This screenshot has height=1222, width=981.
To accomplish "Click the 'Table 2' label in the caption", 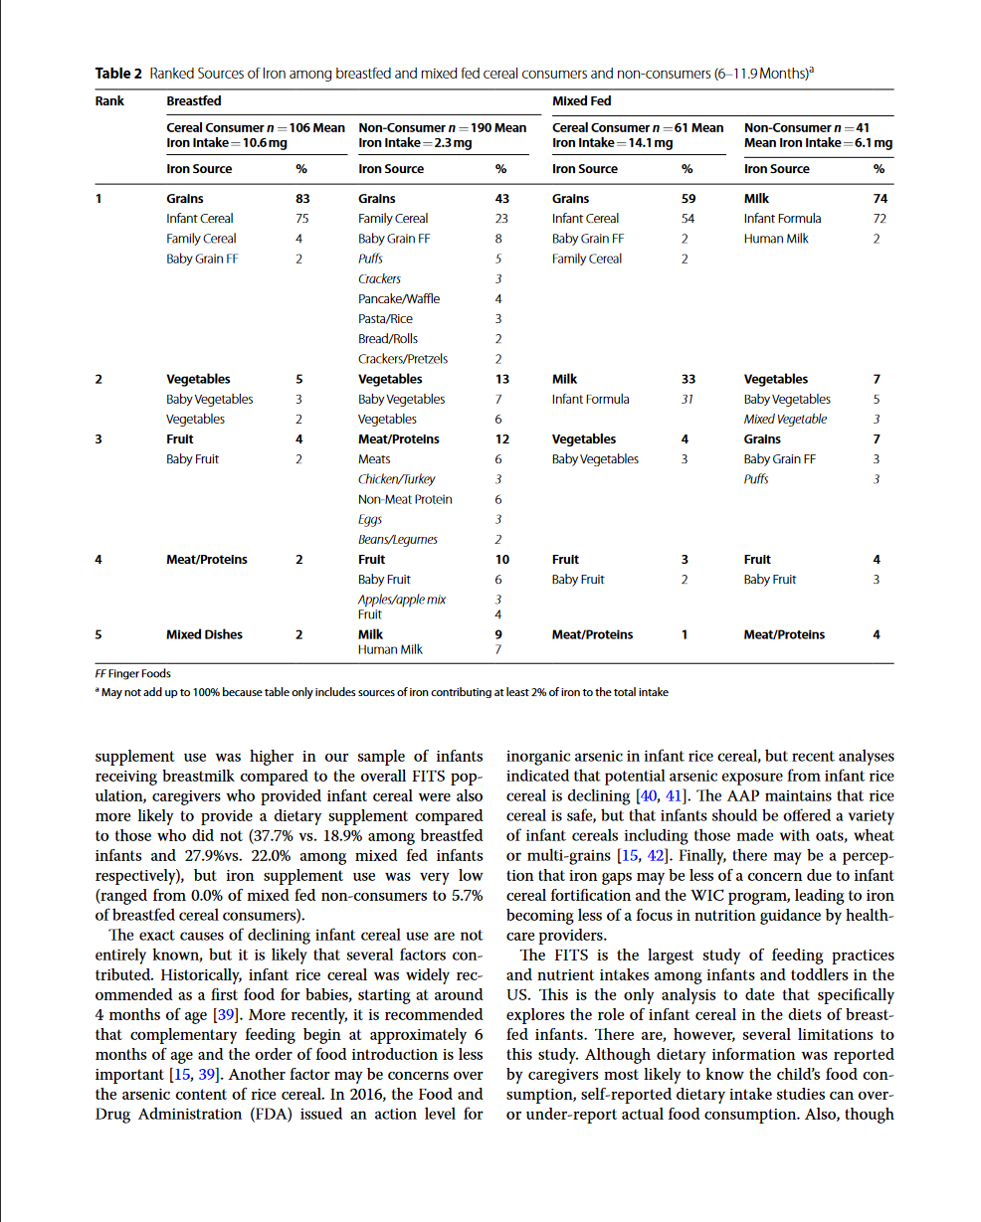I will click(118, 74).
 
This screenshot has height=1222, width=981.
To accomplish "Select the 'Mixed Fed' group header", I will click(581, 101).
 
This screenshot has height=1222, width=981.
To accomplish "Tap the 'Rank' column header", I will click(109, 101).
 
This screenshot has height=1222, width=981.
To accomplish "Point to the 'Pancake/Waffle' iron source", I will click(398, 299).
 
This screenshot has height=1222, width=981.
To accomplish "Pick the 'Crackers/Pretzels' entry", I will click(402, 359).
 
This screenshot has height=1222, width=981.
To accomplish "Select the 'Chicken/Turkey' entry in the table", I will click(396, 479).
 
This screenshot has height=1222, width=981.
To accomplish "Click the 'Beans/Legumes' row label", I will click(397, 540).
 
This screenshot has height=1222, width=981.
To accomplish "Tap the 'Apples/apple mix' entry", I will click(401, 600).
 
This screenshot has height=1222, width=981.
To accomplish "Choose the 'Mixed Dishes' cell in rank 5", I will click(205, 634).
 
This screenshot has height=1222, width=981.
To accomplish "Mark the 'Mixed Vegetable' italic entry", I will click(785, 420).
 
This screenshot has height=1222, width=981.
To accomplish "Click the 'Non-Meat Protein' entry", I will click(404, 499).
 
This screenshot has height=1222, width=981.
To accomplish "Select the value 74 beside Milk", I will click(880, 199).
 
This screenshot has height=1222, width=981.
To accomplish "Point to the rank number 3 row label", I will click(98, 439).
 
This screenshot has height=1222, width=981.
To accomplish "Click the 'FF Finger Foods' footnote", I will click(132, 674).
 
